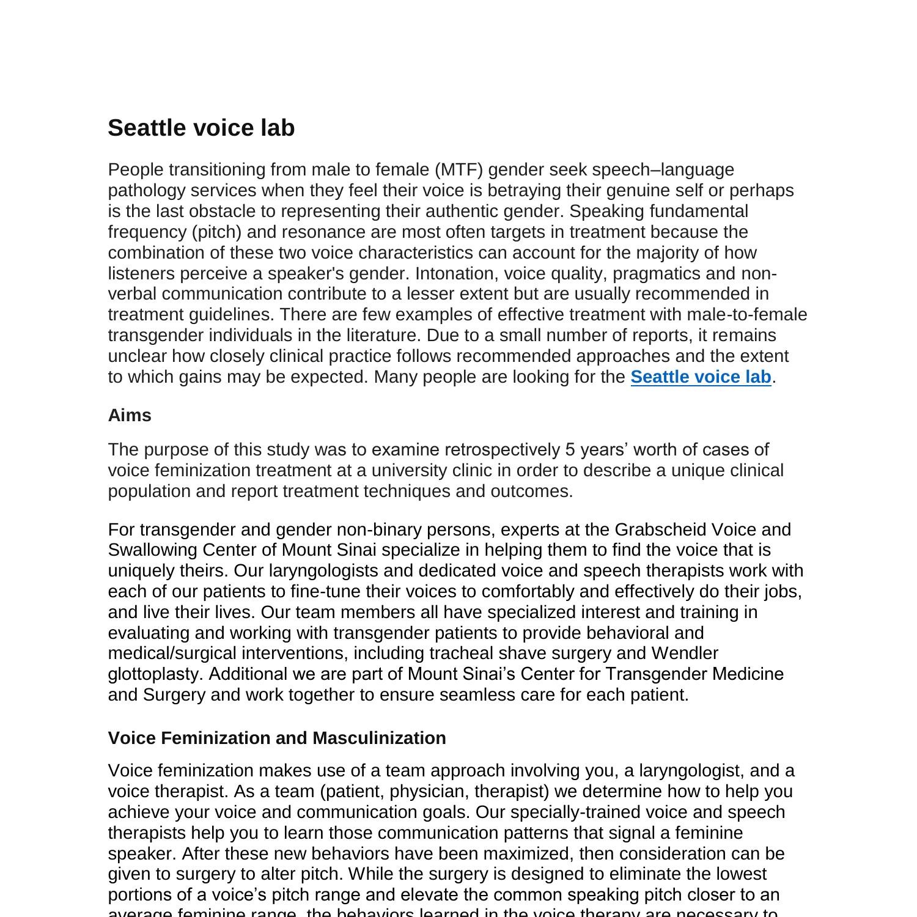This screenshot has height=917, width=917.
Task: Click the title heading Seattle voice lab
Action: point(201,128)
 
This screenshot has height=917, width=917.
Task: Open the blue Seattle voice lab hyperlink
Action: point(701,377)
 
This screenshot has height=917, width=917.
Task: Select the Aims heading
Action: point(130,415)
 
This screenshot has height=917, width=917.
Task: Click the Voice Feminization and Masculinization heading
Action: point(277,738)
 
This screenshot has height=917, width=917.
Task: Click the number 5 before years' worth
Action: point(570,449)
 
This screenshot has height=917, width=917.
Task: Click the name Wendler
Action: point(685,653)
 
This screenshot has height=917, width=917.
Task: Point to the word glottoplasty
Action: point(155,674)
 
